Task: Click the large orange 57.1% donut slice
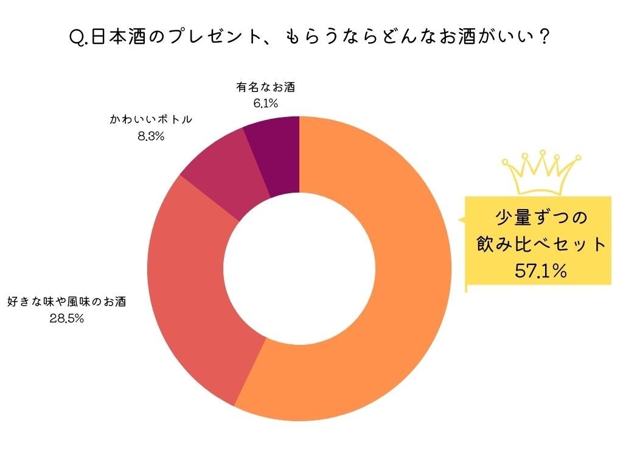pos(389,317)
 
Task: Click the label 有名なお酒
pos(265,88)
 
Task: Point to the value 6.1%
pos(265,104)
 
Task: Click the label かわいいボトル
pos(151,119)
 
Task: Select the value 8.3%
pos(151,136)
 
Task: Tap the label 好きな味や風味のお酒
pos(66,302)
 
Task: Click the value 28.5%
pos(66,318)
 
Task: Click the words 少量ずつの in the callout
pos(541,218)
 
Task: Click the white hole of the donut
pos(299,269)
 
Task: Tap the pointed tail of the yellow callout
pos(461,219)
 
